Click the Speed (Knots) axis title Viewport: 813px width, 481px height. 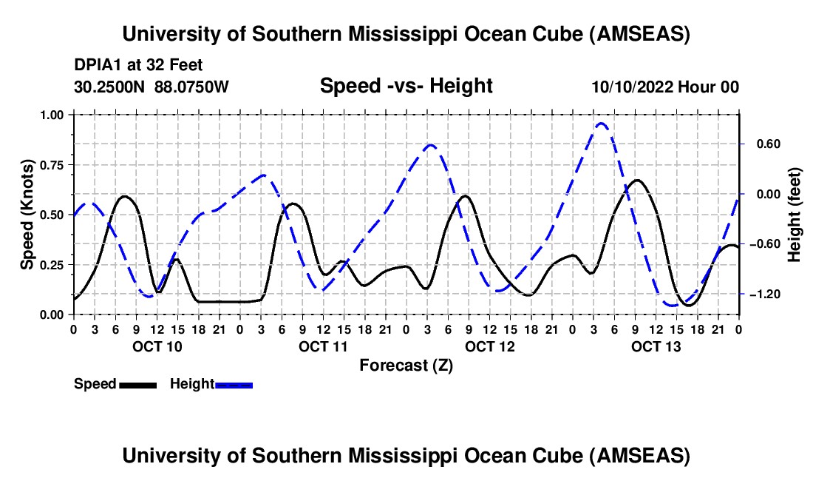(27, 215)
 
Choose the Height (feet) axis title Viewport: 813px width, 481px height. (795, 215)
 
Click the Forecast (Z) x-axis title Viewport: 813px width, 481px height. (406, 365)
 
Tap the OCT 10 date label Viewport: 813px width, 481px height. (156, 346)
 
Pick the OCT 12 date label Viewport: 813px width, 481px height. (489, 346)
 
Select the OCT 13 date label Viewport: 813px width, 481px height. (656, 346)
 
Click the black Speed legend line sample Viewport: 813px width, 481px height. (137, 384)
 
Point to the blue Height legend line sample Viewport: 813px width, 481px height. (234, 384)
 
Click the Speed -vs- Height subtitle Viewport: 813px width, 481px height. (406, 86)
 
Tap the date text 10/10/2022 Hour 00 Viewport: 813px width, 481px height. (665, 87)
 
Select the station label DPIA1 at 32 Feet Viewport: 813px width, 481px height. (138, 66)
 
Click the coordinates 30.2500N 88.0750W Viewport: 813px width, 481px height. (152, 87)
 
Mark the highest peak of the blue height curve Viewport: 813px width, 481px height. (602, 124)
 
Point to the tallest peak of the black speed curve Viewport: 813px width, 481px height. (637, 180)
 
